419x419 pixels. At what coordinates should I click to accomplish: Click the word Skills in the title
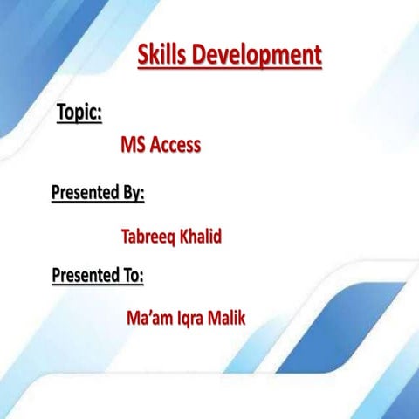162,55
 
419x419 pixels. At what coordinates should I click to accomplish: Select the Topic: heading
79,113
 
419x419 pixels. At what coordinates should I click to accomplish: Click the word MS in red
133,145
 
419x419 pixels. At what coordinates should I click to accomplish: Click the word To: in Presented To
132,276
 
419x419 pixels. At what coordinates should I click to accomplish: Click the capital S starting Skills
143,55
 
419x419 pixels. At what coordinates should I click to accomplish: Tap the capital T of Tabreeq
124,236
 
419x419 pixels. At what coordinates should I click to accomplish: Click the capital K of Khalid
183,236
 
